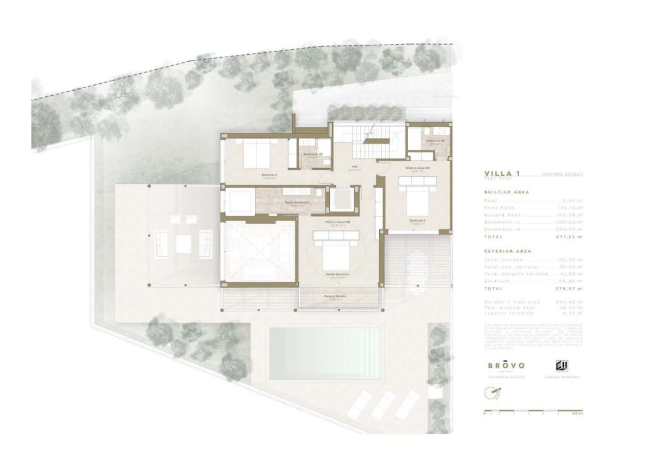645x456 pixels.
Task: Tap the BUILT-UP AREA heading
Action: tap(506, 191)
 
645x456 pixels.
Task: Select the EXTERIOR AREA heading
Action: tap(508, 251)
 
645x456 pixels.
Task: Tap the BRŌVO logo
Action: tap(506, 365)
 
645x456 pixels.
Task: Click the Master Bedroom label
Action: tap(338, 275)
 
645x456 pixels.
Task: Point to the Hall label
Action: tap(354, 168)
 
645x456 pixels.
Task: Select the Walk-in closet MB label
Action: tap(338, 222)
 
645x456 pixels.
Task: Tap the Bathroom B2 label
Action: tap(314, 154)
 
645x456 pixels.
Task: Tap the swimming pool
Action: tap(325, 353)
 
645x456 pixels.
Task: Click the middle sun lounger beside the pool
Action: tap(384, 404)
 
